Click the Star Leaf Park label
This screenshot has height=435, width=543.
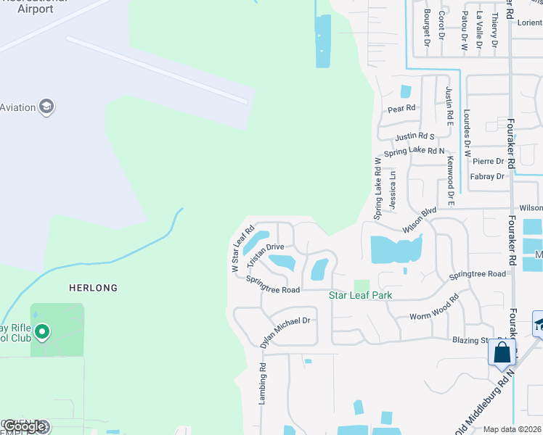tap(361, 295)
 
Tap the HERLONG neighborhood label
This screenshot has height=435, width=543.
tap(93, 288)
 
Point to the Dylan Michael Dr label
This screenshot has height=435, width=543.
tap(285, 330)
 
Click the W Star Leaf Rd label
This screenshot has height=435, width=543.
tap(242, 249)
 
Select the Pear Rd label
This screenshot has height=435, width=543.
tap(401, 109)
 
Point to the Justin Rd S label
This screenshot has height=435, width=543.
tap(415, 136)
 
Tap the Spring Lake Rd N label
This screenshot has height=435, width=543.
tap(414, 152)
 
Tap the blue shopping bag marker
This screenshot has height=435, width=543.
tap(502, 353)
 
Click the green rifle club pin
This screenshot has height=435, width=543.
tap(42, 333)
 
